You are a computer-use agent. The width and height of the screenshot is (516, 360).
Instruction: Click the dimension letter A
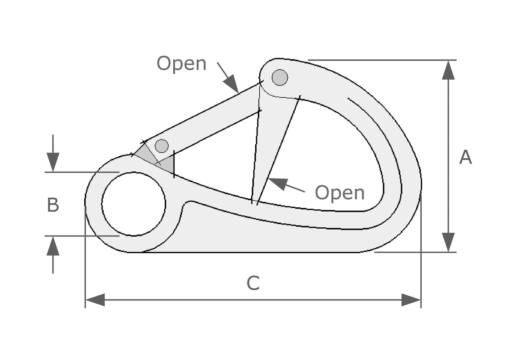coord(465,157)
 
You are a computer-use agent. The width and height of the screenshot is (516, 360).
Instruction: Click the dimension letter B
coord(53,205)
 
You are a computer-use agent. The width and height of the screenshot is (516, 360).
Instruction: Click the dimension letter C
coord(253,284)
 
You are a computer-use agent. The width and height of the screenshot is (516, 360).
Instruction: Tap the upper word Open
coord(181,64)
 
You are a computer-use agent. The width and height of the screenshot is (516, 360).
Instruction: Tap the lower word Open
coord(340,193)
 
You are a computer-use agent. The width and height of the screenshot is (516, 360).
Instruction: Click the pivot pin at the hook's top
coord(280,77)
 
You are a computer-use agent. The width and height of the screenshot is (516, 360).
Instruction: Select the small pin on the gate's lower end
coord(162,146)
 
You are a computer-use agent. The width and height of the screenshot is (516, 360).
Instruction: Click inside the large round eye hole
coord(134,204)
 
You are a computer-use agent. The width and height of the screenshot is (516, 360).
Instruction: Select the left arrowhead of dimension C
coord(95,300)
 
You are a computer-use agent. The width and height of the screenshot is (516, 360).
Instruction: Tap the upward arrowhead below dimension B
coord(53,246)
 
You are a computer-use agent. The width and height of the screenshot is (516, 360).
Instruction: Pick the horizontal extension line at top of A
coord(379,60)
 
